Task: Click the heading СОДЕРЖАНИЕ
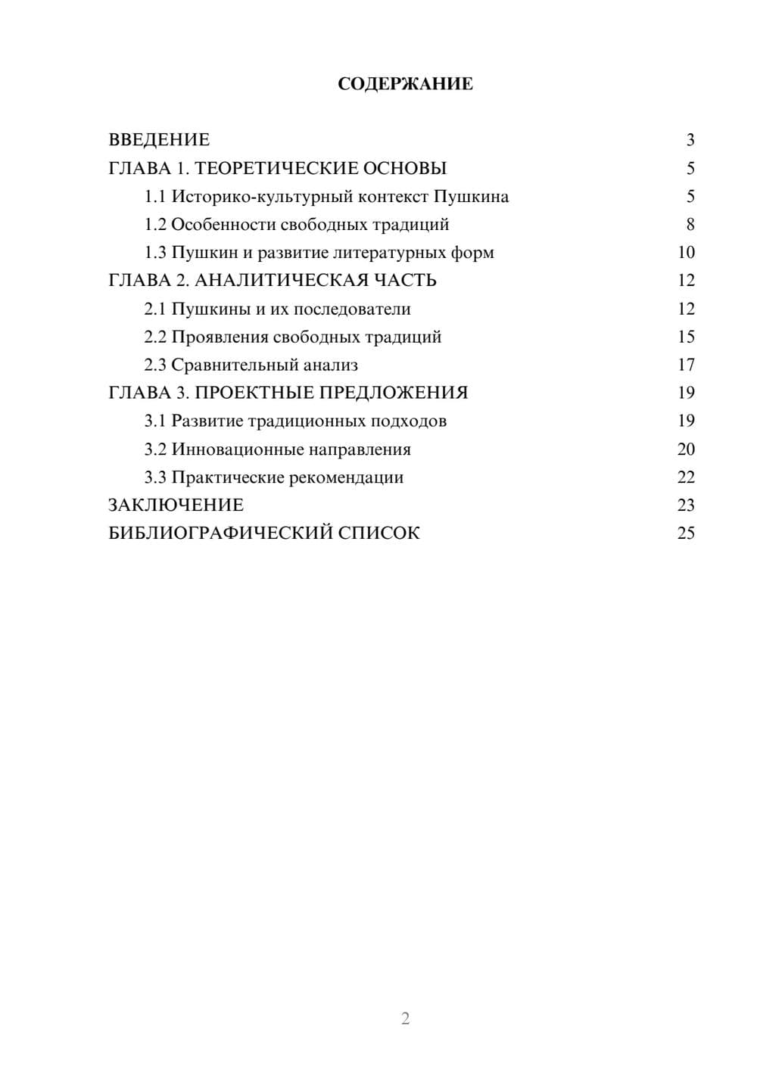click(405, 84)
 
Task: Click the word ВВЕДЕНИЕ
click(159, 140)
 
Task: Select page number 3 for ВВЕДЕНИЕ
click(690, 140)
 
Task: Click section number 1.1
click(154, 197)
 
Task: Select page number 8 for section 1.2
click(690, 225)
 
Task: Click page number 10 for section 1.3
click(686, 253)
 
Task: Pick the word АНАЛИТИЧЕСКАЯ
click(277, 281)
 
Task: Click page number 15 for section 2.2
click(686, 337)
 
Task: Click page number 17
click(686, 365)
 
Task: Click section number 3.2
click(154, 449)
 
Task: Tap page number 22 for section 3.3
click(686, 477)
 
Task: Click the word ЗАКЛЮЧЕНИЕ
click(176, 505)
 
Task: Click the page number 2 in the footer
click(405, 1019)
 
